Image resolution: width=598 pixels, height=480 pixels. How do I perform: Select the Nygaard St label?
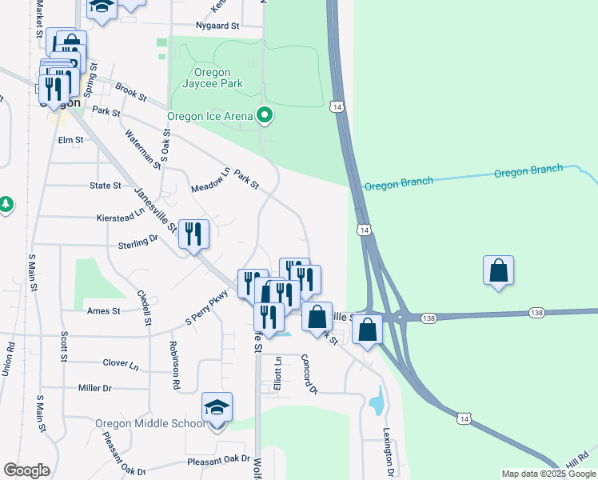pos(217,26)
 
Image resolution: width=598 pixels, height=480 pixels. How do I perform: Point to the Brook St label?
pos(131,93)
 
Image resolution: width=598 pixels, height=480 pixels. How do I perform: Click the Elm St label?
pos(71,140)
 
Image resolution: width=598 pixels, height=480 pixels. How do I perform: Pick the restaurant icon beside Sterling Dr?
pos(193,234)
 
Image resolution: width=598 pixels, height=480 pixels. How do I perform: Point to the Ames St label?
pos(104,310)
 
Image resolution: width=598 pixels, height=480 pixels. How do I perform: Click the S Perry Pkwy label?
pos(207,307)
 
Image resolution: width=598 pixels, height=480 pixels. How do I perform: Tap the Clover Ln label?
pos(121,362)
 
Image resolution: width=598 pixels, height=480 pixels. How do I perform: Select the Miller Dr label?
pos(94,388)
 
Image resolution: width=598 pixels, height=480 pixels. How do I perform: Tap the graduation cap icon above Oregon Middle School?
pos(217,407)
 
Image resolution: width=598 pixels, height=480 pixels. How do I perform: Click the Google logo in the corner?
pos(26,470)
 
